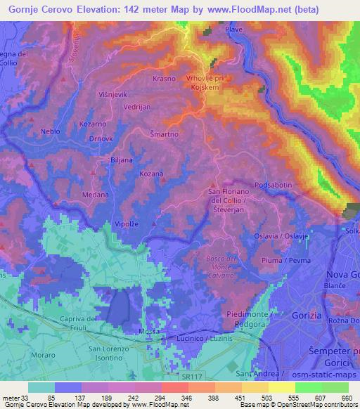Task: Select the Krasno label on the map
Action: (163, 79)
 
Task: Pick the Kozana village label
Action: (150, 174)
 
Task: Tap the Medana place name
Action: (96, 194)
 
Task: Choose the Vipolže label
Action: (127, 224)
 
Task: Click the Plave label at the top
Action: (233, 31)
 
